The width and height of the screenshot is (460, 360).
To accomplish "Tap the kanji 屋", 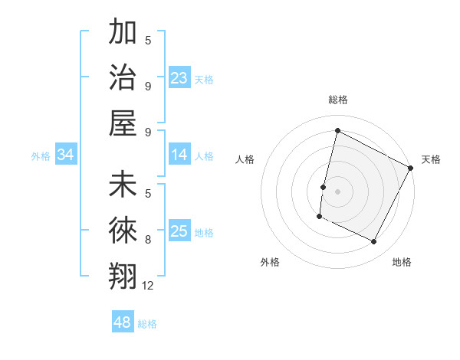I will tap(123, 122).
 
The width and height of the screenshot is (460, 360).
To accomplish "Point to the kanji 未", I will tap(123, 185).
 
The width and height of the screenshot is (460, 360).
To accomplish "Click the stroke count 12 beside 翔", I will tap(148, 286).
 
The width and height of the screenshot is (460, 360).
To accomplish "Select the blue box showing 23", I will tap(179, 78).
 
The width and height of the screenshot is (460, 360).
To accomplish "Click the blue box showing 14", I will tap(179, 155).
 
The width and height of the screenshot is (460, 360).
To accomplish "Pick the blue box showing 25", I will tap(179, 231).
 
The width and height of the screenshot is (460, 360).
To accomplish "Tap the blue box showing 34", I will tap(66, 155).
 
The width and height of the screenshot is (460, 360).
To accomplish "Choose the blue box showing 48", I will tap(123, 322).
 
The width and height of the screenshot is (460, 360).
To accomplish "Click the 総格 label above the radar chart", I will tap(337, 100).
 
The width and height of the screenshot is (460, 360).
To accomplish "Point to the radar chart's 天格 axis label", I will tap(431, 159).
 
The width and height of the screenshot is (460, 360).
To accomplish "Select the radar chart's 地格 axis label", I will tap(402, 262).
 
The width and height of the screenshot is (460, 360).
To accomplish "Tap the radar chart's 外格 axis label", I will tap(270, 262).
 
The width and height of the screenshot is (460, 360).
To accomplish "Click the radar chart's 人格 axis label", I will tap(245, 159).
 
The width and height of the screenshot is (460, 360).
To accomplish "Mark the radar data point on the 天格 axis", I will tap(411, 168).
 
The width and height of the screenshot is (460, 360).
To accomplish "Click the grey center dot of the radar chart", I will tap(337, 191).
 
